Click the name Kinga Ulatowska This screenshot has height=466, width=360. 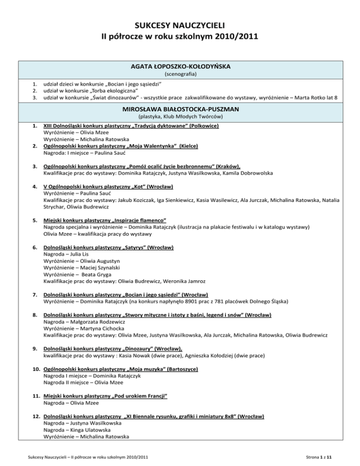coord(89,429)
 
